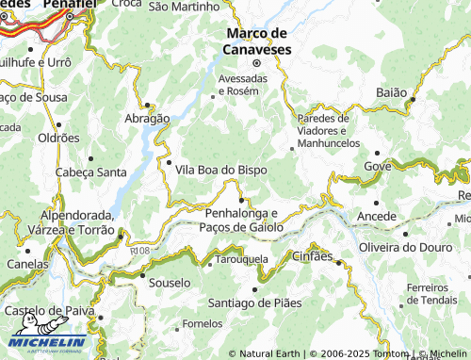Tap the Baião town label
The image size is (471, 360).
point(390,92)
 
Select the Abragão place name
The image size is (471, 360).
point(147,119)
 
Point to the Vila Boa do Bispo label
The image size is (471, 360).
point(220,170)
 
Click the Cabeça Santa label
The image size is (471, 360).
point(91,172)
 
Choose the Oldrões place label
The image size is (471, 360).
point(58,138)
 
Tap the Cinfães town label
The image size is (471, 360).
point(313,256)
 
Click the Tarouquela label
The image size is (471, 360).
point(243,258)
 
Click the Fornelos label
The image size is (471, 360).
point(203,324)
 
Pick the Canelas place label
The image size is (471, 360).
point(26,264)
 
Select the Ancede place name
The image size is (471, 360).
point(378,217)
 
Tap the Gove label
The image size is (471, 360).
point(377,166)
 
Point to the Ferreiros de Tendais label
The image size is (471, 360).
point(433,293)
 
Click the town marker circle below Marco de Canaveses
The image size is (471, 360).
point(255,63)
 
